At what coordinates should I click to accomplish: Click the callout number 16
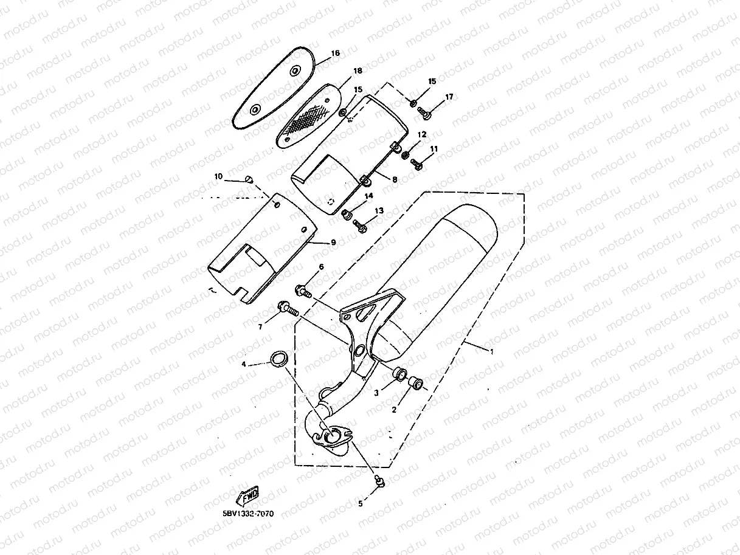[x=335, y=53]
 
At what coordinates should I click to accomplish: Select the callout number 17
[x=449, y=97]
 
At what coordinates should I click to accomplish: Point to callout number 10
[x=218, y=176]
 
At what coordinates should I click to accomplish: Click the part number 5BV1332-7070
[x=248, y=514]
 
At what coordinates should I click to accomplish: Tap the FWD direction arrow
[x=249, y=498]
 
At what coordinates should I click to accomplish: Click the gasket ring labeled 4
[x=278, y=359]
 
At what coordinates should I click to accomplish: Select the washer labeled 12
[x=406, y=155]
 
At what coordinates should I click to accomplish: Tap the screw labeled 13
[x=359, y=226]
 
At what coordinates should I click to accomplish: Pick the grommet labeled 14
[x=348, y=215]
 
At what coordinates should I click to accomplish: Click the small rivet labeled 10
[x=248, y=178]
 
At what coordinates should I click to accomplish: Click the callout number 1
[x=492, y=352]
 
